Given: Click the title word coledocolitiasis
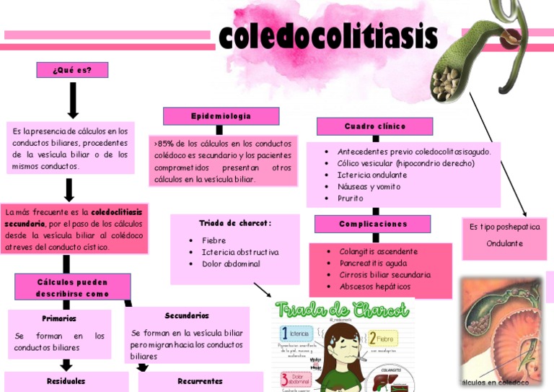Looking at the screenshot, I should (328, 35).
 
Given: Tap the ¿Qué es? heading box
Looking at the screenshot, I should (72, 70).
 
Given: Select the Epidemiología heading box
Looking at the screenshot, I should (221, 116).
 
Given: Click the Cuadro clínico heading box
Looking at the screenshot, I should (374, 126).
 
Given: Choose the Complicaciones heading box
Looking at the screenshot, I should (372, 224).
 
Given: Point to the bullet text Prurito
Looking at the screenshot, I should (351, 198).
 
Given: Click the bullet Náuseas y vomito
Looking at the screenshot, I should (369, 186).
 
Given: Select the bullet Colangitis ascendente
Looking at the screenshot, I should (378, 252).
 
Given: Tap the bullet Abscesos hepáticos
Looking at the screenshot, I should (375, 287).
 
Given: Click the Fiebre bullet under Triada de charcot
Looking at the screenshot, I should (214, 240).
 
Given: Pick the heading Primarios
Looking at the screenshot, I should (59, 318).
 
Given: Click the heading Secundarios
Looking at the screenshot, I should (187, 316).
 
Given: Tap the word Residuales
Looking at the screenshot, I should (66, 380).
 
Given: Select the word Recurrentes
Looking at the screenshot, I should (200, 380).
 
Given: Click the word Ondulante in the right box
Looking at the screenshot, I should (504, 243).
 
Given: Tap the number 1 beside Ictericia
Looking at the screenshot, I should (285, 334).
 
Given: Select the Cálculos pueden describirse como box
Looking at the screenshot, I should (72, 287).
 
